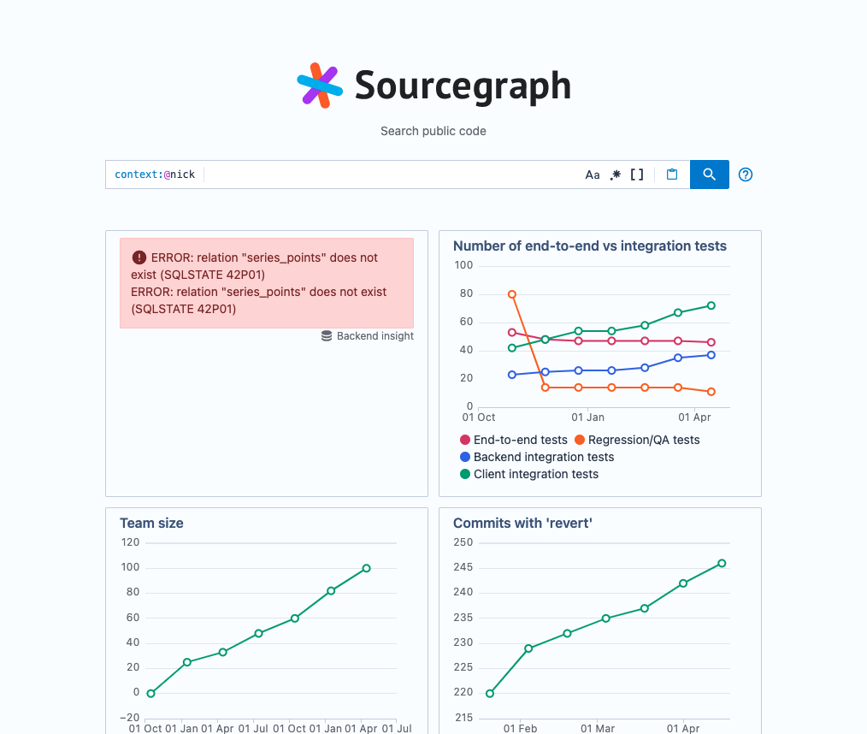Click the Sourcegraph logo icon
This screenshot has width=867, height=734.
coord(320,86)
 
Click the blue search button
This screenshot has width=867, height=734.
coord(709,175)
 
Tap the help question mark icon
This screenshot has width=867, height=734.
coord(746,175)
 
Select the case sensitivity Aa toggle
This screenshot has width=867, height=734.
coord(593,175)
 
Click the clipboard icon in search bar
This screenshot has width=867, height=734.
coord(672,175)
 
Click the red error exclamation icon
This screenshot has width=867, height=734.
coord(139,257)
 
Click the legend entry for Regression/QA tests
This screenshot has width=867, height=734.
coord(637,440)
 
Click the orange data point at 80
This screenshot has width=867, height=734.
coord(512,294)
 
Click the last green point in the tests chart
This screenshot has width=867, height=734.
coord(711,305)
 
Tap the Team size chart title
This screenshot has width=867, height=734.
coord(151,524)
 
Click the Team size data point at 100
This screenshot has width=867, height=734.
coord(367,568)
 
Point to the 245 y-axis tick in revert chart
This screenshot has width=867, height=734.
coord(463,567)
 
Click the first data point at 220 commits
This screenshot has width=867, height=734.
coord(490,693)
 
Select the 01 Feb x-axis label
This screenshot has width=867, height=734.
coord(520,729)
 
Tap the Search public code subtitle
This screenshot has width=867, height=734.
coord(433,132)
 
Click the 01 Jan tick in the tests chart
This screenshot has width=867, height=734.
coord(587,417)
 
